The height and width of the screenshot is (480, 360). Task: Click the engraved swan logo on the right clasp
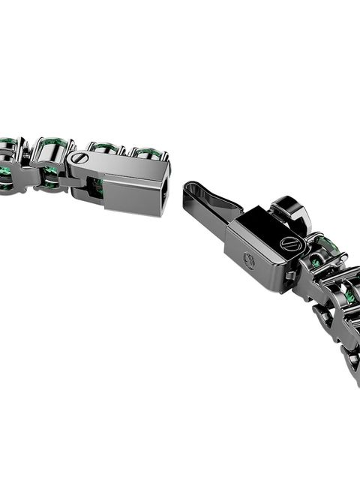point(250,260)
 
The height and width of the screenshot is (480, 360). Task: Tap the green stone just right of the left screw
point(105,148)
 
